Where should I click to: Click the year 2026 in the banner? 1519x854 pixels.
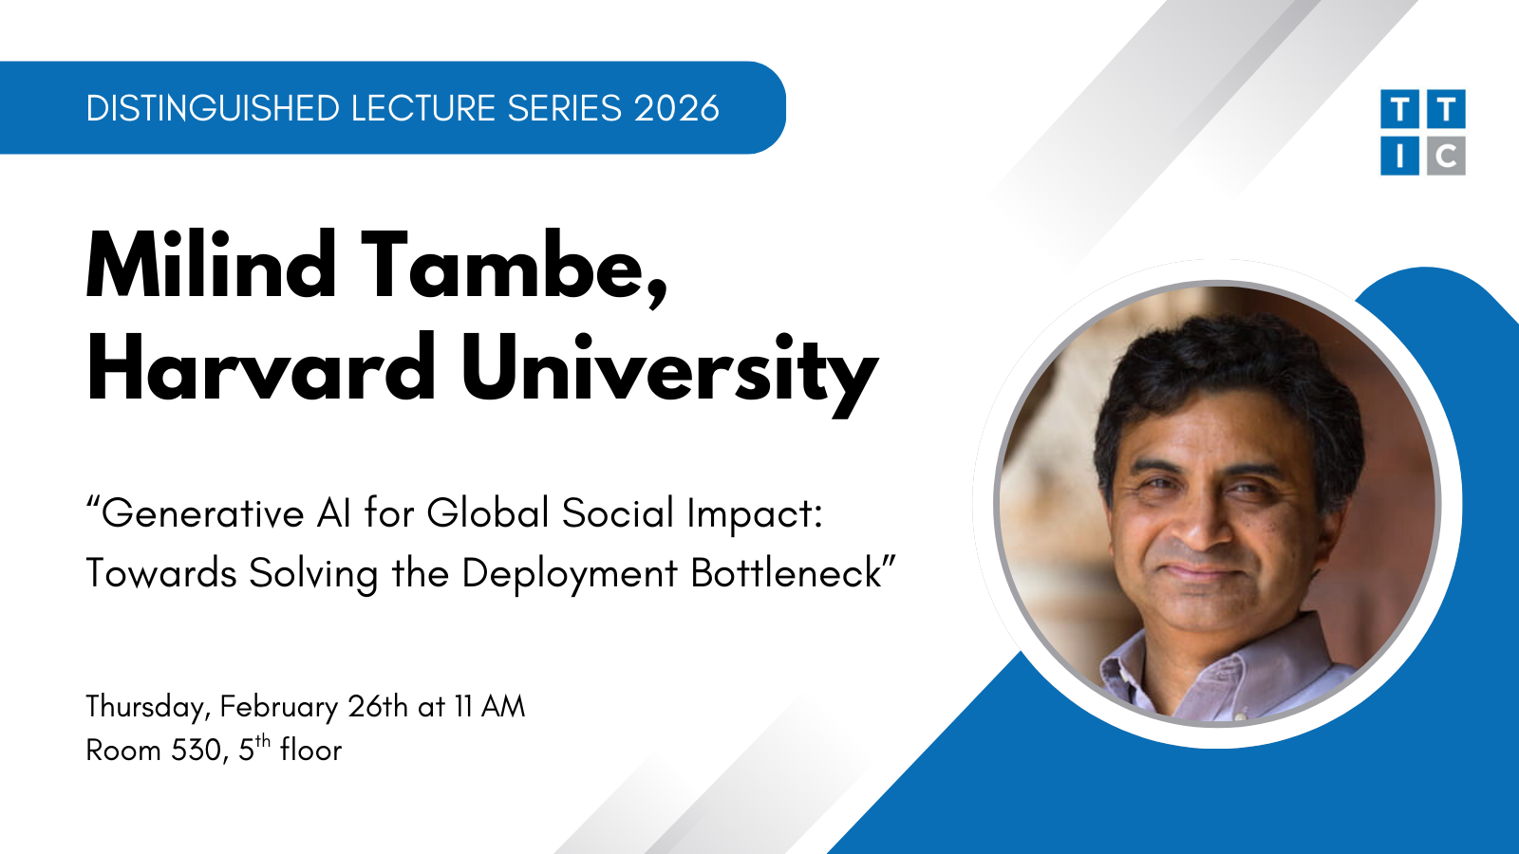pyautogui.click(x=676, y=108)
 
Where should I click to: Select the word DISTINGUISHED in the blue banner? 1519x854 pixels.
pyautogui.click(x=213, y=108)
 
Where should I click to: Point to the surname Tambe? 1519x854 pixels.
pyautogui.click(x=515, y=269)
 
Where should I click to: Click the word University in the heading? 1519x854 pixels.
pyautogui.click(x=670, y=375)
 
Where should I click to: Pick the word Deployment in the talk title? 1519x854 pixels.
pyautogui.click(x=570, y=576)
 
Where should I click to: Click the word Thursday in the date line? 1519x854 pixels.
pyautogui.click(x=145, y=708)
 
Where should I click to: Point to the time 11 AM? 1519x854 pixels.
pyautogui.click(x=490, y=706)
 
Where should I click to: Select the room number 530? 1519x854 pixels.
pyautogui.click(x=197, y=751)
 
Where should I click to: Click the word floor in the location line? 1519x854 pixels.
pyautogui.click(x=310, y=750)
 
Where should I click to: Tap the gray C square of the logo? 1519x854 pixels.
pyautogui.click(x=1446, y=156)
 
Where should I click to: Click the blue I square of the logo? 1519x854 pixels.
pyautogui.click(x=1399, y=156)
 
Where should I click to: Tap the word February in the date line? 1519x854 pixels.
pyautogui.click(x=279, y=708)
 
